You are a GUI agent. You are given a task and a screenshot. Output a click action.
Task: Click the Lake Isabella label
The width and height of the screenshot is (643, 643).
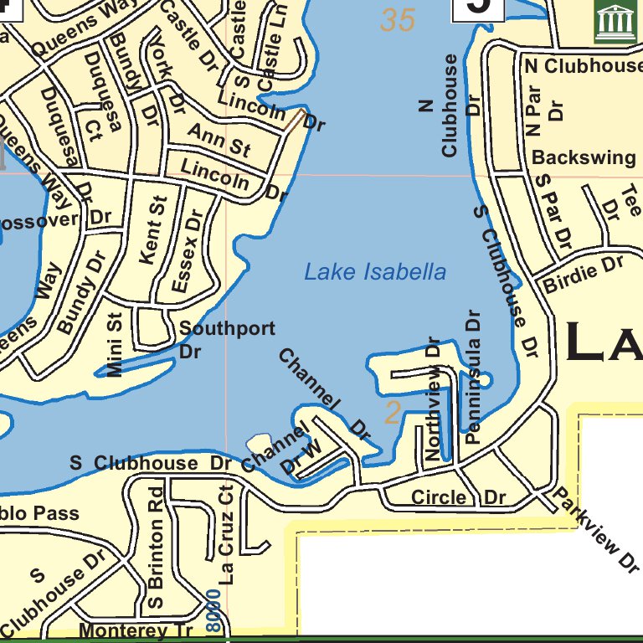coord(374,272)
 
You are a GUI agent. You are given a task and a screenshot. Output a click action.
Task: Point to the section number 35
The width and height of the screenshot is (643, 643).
coord(398,20)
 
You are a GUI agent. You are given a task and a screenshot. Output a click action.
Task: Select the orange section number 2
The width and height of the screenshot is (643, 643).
coord(393,413)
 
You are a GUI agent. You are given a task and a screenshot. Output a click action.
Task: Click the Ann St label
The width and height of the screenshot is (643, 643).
coord(219,140)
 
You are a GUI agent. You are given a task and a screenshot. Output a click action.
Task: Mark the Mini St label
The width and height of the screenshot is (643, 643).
coord(115,344)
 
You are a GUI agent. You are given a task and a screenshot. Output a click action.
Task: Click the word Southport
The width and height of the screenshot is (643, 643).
coord(227,328)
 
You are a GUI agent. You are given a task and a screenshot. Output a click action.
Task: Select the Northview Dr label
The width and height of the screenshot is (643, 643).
coord(432,400)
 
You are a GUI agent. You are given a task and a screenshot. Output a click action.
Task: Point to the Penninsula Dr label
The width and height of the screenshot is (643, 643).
coord(474,377)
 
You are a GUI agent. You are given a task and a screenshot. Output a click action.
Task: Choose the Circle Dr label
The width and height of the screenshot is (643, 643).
coord(458,497)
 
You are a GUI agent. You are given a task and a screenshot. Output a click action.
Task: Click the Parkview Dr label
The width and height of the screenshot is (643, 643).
coord(595,530)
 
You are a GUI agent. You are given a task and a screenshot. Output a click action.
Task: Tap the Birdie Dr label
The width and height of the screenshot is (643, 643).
coord(584,274)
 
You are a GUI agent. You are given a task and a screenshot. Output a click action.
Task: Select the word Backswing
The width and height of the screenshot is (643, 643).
coord(584,157)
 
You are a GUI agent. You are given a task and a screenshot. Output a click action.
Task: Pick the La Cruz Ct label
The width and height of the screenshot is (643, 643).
coord(226,535)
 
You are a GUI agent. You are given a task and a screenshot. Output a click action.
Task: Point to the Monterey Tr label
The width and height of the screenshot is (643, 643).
coord(135,630)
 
